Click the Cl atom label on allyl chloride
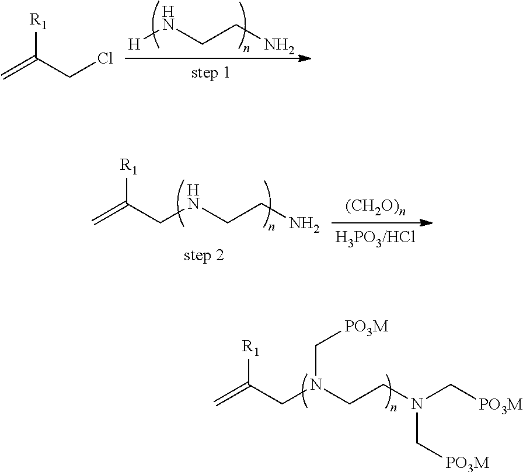coord(105,59)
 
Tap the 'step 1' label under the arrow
coord(212,74)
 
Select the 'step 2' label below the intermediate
coord(204,256)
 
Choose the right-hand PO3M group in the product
coord(498,404)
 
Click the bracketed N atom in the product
coord(316,384)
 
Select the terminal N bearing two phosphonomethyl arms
coord(417,403)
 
